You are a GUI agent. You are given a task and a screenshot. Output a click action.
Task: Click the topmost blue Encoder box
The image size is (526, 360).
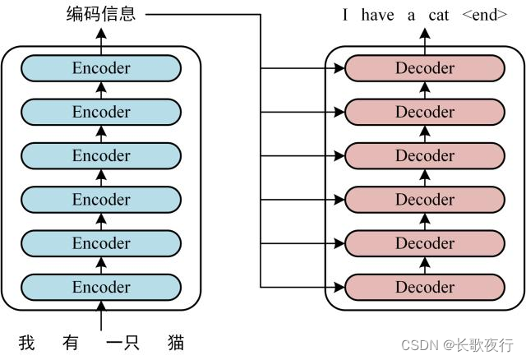[101, 68]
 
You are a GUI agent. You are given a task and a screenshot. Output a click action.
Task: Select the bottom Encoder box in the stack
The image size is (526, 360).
[101, 287]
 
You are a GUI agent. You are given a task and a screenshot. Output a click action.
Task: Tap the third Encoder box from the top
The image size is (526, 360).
[101, 155]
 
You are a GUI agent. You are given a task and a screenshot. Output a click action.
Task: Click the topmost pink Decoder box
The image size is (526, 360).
[425, 68]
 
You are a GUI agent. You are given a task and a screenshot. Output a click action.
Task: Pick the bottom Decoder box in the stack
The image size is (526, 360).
[425, 287]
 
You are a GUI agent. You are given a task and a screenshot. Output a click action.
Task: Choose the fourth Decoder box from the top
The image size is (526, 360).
[425, 200]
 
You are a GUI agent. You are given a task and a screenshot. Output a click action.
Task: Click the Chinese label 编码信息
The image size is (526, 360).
[101, 14]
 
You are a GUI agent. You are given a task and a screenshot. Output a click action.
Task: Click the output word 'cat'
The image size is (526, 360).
[439, 15]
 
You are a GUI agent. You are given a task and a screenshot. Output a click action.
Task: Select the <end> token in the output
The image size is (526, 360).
[485, 15]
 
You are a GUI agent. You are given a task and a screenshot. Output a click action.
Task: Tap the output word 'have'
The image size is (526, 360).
[377, 15]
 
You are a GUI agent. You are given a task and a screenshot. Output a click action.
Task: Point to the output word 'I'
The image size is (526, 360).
[346, 15]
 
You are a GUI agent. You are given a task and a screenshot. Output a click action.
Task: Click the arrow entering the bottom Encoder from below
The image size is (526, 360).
[101, 316]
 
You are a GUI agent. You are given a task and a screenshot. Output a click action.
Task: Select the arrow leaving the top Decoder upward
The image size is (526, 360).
[425, 37]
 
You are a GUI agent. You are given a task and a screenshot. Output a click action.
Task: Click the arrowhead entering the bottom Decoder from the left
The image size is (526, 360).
[339, 287]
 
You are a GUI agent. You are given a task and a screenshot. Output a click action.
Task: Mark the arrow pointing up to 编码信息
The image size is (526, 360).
[101, 37]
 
